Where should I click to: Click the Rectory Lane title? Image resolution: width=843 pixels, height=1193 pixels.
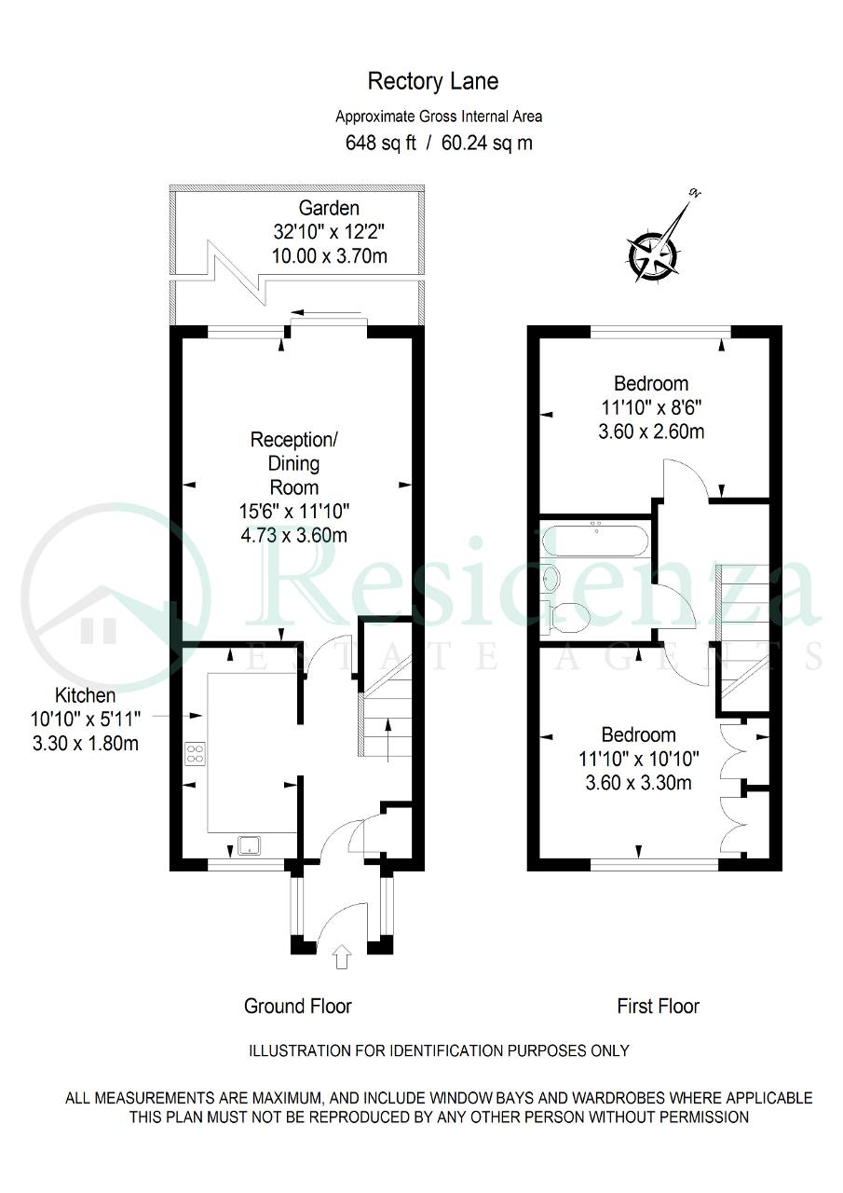point(433,81)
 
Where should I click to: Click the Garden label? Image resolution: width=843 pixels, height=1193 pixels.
point(329,207)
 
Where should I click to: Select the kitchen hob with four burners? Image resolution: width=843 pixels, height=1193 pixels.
point(196,754)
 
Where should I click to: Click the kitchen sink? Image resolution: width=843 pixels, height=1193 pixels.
point(249,845)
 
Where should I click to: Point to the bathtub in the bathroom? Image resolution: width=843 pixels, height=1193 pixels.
point(595,541)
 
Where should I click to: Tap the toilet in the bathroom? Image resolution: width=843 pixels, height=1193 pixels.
point(564,616)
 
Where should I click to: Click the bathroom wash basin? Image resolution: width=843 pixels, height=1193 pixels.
point(551,577)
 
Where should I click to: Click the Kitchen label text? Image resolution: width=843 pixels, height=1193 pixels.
point(85,695)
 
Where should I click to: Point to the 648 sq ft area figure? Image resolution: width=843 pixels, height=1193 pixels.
point(381,143)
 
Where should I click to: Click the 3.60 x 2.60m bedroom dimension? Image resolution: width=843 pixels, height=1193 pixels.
point(651,432)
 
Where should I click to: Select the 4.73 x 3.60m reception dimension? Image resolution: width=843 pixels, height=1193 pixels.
point(293,535)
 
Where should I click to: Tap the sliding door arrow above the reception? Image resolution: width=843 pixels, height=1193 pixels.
point(326,312)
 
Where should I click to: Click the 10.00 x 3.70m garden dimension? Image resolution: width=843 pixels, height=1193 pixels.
point(330,256)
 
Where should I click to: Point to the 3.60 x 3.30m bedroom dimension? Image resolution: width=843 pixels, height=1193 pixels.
point(639,782)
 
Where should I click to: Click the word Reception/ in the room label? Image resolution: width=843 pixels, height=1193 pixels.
point(293,439)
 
